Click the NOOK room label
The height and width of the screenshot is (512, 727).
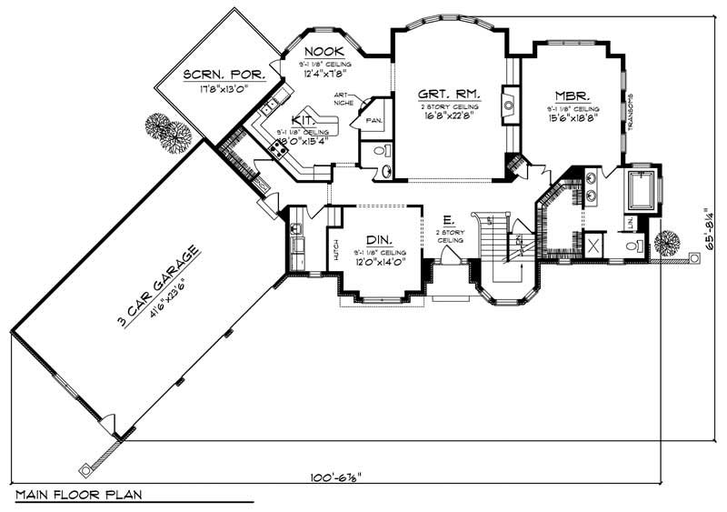tap(322, 51)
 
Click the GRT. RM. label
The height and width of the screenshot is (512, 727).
tap(449, 95)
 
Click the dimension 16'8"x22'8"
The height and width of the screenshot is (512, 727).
tap(449, 115)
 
